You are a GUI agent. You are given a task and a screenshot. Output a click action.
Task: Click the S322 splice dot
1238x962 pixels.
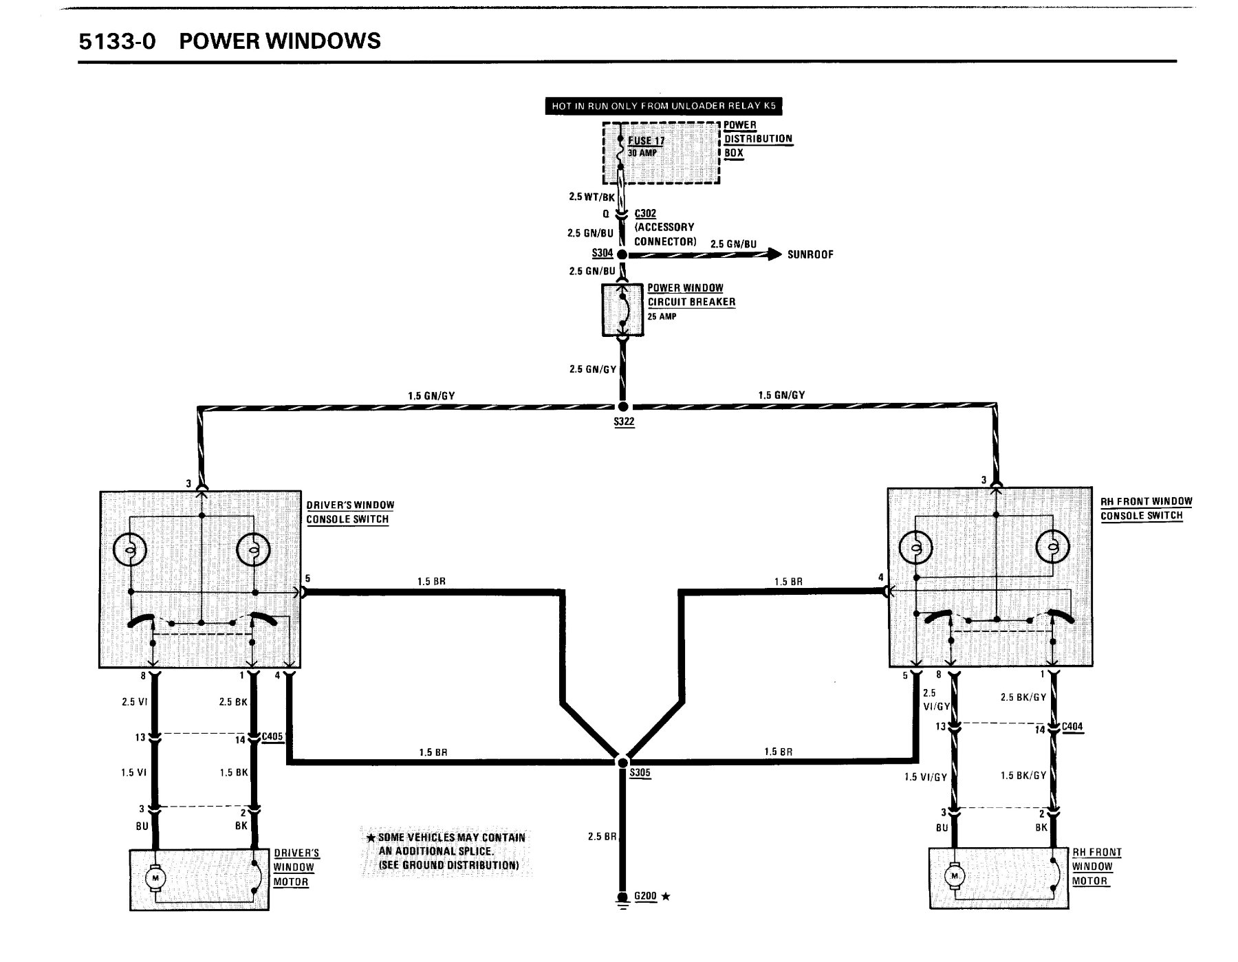pyautogui.click(x=623, y=406)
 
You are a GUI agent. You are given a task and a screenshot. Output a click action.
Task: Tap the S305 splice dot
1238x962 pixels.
pyautogui.click(x=622, y=762)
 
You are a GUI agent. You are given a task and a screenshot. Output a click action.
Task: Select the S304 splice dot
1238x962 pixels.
pyautogui.click(x=622, y=254)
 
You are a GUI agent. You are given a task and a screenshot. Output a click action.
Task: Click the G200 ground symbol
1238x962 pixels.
pyautogui.click(x=622, y=899)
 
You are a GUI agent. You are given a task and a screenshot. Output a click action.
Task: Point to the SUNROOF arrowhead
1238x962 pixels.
pyautogui.click(x=775, y=254)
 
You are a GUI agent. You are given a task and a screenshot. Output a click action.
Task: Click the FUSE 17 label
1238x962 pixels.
pyautogui.click(x=646, y=141)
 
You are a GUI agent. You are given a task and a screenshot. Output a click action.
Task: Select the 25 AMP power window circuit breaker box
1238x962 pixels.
pyautogui.click(x=623, y=310)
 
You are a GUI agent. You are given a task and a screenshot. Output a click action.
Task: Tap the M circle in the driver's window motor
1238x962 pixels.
pyautogui.click(x=155, y=879)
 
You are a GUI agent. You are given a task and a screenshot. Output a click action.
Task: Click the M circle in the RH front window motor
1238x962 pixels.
pyautogui.click(x=954, y=876)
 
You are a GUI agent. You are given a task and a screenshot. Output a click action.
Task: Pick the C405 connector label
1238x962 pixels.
pyautogui.click(x=273, y=736)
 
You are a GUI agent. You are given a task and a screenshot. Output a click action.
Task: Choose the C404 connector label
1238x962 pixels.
pyautogui.click(x=1072, y=726)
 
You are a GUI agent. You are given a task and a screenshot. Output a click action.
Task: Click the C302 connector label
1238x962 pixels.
pyautogui.click(x=645, y=213)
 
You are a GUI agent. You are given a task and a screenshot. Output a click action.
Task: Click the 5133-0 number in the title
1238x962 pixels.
pyautogui.click(x=118, y=41)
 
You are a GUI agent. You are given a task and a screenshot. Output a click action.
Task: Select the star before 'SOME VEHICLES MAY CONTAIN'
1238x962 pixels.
pyautogui.click(x=371, y=838)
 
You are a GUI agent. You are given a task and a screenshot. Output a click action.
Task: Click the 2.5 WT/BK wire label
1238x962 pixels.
pyautogui.click(x=591, y=197)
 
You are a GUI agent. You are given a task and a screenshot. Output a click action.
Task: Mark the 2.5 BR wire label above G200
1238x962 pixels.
pyautogui.click(x=602, y=837)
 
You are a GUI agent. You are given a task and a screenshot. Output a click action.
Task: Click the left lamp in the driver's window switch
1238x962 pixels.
pyautogui.click(x=131, y=550)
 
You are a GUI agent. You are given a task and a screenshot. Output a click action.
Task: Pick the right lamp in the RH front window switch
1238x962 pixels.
pyautogui.click(x=1052, y=547)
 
